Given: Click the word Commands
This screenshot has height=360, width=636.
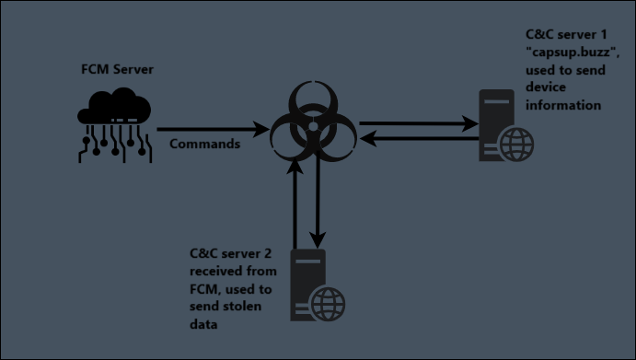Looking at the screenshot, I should [205, 144].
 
